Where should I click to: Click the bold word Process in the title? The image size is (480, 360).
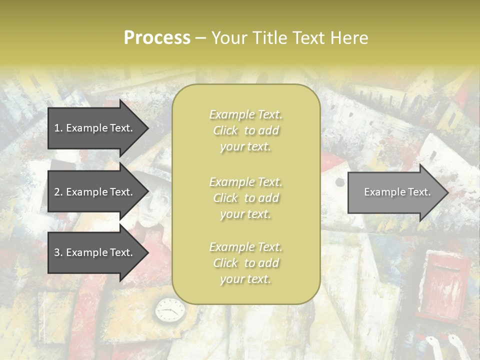[157, 38]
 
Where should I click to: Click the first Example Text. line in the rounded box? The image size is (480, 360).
[245, 114]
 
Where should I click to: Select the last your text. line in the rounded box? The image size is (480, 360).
[245, 279]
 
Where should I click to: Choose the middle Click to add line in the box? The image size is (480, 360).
[245, 198]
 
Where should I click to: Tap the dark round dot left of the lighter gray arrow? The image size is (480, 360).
[340, 183]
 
